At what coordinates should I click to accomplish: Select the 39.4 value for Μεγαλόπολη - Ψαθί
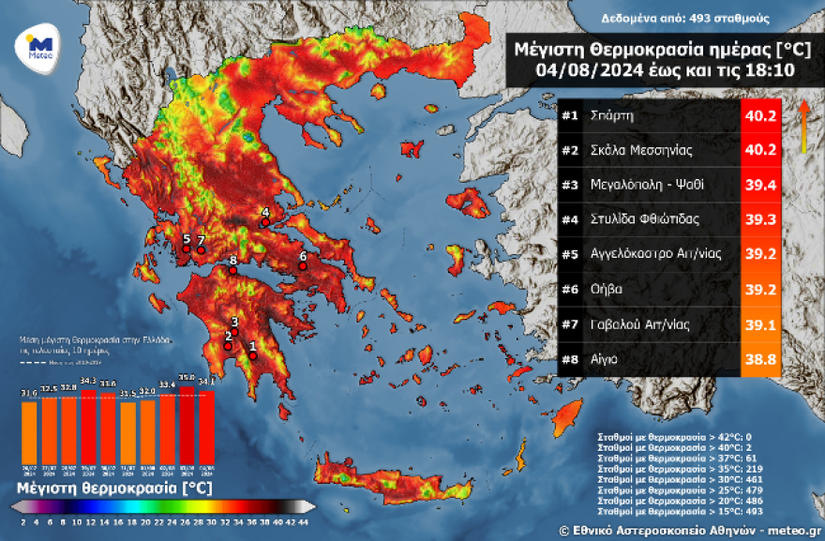[x=761, y=186]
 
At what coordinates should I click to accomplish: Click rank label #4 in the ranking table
[x=570, y=220]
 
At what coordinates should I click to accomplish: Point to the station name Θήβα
[x=607, y=290]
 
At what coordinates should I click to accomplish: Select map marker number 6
[x=302, y=267]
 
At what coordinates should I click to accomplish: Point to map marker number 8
[x=232, y=271]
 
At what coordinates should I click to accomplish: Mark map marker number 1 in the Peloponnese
[x=252, y=355]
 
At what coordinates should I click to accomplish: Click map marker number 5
[x=186, y=249]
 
